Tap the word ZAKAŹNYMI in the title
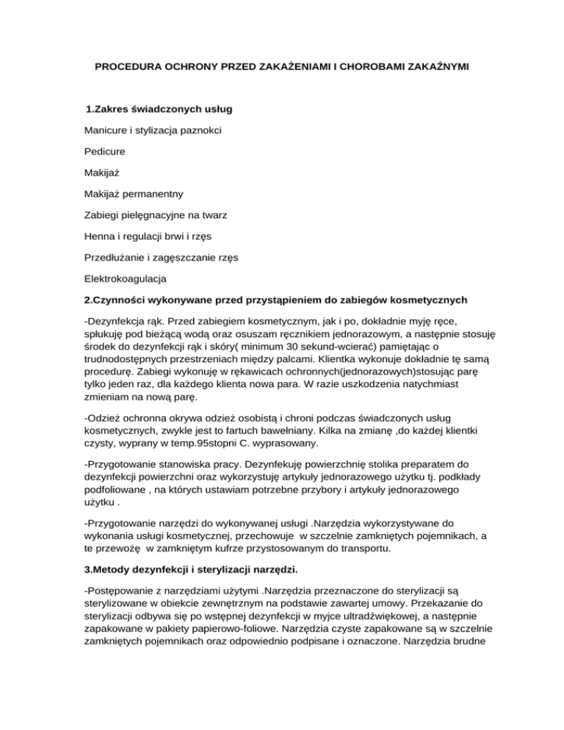tap(433, 67)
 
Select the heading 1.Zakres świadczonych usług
tap(159, 109)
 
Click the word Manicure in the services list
tap(107, 131)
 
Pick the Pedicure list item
tap(105, 152)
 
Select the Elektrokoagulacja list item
tap(126, 280)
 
